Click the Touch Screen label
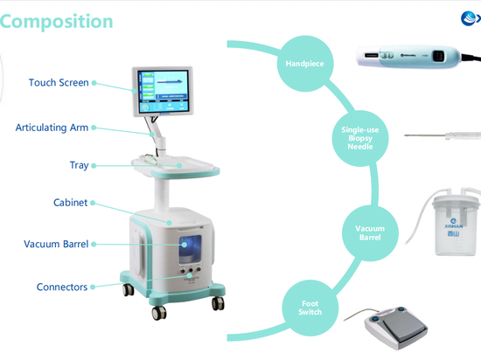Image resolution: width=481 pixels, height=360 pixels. pyautogui.click(x=59, y=83)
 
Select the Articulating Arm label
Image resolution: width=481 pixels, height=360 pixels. pyautogui.click(x=52, y=128)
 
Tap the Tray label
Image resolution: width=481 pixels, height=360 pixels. pyautogui.click(x=79, y=165)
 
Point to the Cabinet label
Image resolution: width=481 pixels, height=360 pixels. pyautogui.click(x=70, y=203)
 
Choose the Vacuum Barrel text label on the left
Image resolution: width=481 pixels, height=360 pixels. pyautogui.click(x=56, y=244)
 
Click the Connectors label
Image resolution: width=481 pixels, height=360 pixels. pyautogui.click(x=62, y=287)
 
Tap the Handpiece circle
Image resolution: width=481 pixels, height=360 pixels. pyautogui.click(x=304, y=64)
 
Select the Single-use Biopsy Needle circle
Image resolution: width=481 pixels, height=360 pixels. pyautogui.click(x=359, y=138)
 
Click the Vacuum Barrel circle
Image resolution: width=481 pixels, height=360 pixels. pyautogui.click(x=369, y=232)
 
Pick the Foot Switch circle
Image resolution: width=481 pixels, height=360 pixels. pyautogui.click(x=310, y=308)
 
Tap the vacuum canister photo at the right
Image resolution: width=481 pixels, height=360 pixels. pyautogui.click(x=455, y=223)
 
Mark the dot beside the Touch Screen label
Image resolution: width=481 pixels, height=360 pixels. pyautogui.click(x=94, y=84)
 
